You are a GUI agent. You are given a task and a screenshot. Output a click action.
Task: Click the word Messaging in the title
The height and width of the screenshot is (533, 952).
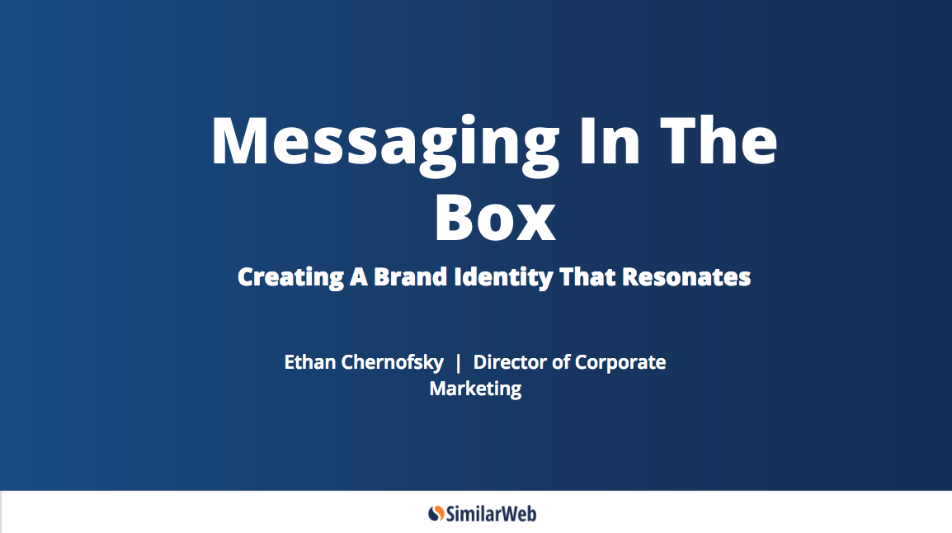point(385,144)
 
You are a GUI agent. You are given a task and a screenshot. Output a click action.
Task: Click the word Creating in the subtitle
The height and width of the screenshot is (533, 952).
point(291,277)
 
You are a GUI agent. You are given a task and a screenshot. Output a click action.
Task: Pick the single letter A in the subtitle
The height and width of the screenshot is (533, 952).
point(358,277)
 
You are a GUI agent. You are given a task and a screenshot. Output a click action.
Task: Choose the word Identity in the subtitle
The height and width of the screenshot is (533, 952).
point(504,277)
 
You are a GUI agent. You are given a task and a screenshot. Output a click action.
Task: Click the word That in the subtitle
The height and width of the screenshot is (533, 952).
point(587,276)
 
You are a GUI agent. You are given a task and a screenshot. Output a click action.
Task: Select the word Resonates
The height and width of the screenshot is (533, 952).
point(686,277)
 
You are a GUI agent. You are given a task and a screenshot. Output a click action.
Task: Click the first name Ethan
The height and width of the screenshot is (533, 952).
point(309,362)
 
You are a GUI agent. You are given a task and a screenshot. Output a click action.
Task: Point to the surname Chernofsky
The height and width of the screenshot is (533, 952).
point(392,363)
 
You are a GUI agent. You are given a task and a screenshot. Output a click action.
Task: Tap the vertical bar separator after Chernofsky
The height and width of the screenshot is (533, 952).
point(458,362)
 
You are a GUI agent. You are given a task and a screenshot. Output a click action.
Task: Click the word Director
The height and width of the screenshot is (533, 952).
point(509,362)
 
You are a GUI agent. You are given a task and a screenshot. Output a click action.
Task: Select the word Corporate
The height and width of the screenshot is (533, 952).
point(620,363)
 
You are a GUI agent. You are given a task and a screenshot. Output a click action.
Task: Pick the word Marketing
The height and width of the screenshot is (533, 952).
point(475,389)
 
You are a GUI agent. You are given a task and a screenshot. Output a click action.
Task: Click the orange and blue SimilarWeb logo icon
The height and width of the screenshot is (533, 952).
point(436,513)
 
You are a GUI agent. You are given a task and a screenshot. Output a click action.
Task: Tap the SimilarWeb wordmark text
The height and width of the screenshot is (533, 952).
point(491,514)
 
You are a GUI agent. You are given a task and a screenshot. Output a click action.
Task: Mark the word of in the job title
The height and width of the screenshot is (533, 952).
point(560,362)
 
